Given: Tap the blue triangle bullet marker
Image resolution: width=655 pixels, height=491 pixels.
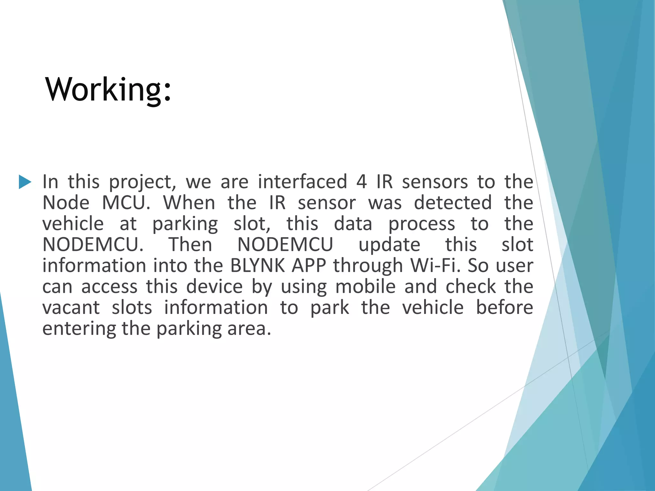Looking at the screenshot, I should pos(25,182).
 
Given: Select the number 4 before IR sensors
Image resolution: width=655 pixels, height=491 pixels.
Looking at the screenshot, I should pos(361,182).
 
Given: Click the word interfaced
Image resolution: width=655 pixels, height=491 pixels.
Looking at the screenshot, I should pos(302,182).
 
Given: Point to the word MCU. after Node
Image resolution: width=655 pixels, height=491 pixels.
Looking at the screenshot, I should pos(126,203).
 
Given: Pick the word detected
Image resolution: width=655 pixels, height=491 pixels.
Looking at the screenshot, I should pos(453,203).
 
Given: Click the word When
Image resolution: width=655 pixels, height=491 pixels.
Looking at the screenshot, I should pos(189,203).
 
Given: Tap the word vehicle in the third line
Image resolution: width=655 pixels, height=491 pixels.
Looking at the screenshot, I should pos(73,224).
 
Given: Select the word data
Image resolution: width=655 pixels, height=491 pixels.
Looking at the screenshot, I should pos(353,224).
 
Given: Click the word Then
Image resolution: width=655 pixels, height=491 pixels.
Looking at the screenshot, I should pos(190,245).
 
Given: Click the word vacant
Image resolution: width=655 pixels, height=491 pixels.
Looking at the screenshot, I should pos(71,308).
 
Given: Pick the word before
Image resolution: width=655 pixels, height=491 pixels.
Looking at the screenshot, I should pos(504,308).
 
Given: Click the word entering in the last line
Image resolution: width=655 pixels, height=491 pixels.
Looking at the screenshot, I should pos(79,329).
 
